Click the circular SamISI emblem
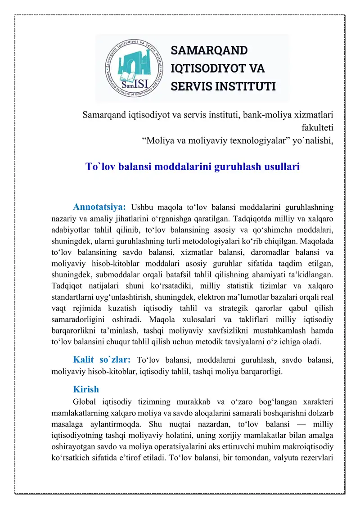coord(133,68)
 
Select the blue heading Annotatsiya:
coord(99,207)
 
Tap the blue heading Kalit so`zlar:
coord(102,360)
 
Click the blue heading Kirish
coord(85,389)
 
